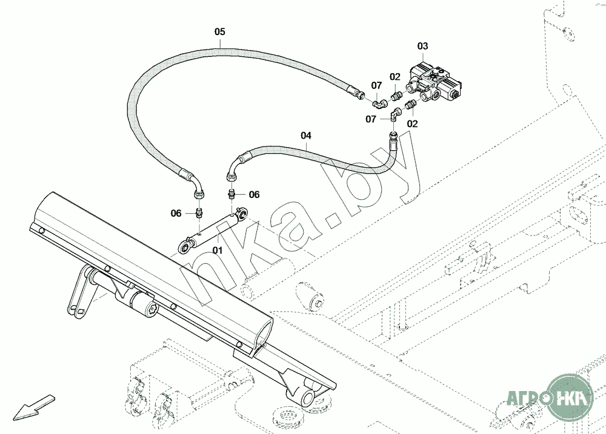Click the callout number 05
[219, 31]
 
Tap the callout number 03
[422, 46]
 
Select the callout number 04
[305, 136]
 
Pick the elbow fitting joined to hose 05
[379, 104]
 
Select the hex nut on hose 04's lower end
[230, 177]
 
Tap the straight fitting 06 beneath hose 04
[232, 195]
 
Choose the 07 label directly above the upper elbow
[376, 85]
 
